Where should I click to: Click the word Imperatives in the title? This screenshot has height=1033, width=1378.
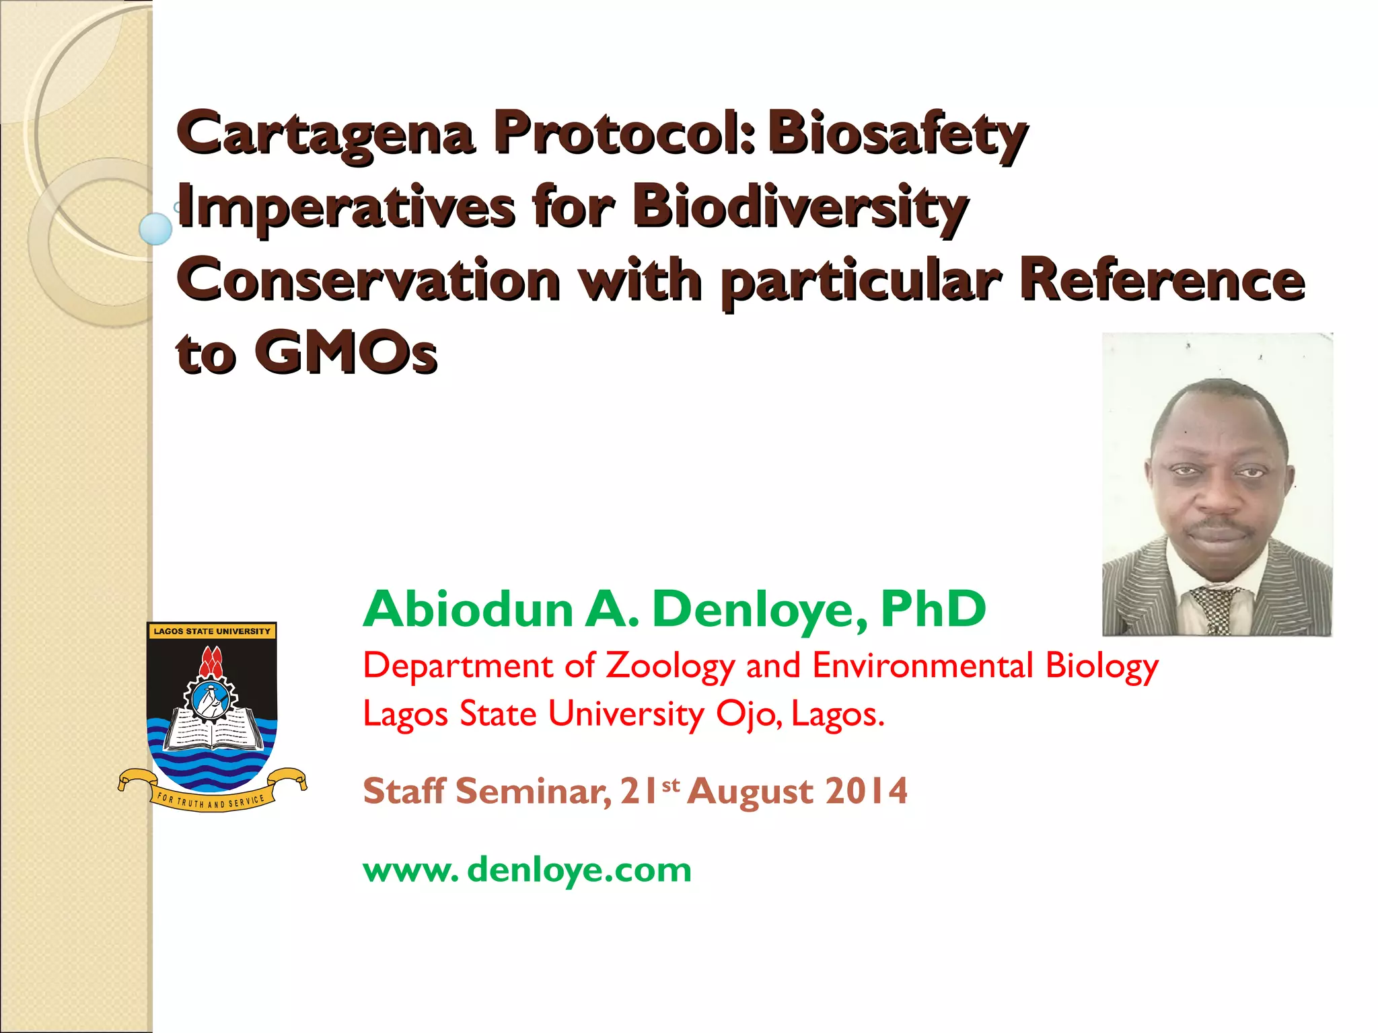347,208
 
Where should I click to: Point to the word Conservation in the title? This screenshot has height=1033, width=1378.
369,280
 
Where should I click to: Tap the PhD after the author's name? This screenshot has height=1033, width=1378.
933,609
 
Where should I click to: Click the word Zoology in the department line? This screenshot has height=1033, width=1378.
669,666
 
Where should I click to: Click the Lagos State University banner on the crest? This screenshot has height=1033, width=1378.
211,631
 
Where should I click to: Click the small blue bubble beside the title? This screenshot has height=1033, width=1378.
155,229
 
